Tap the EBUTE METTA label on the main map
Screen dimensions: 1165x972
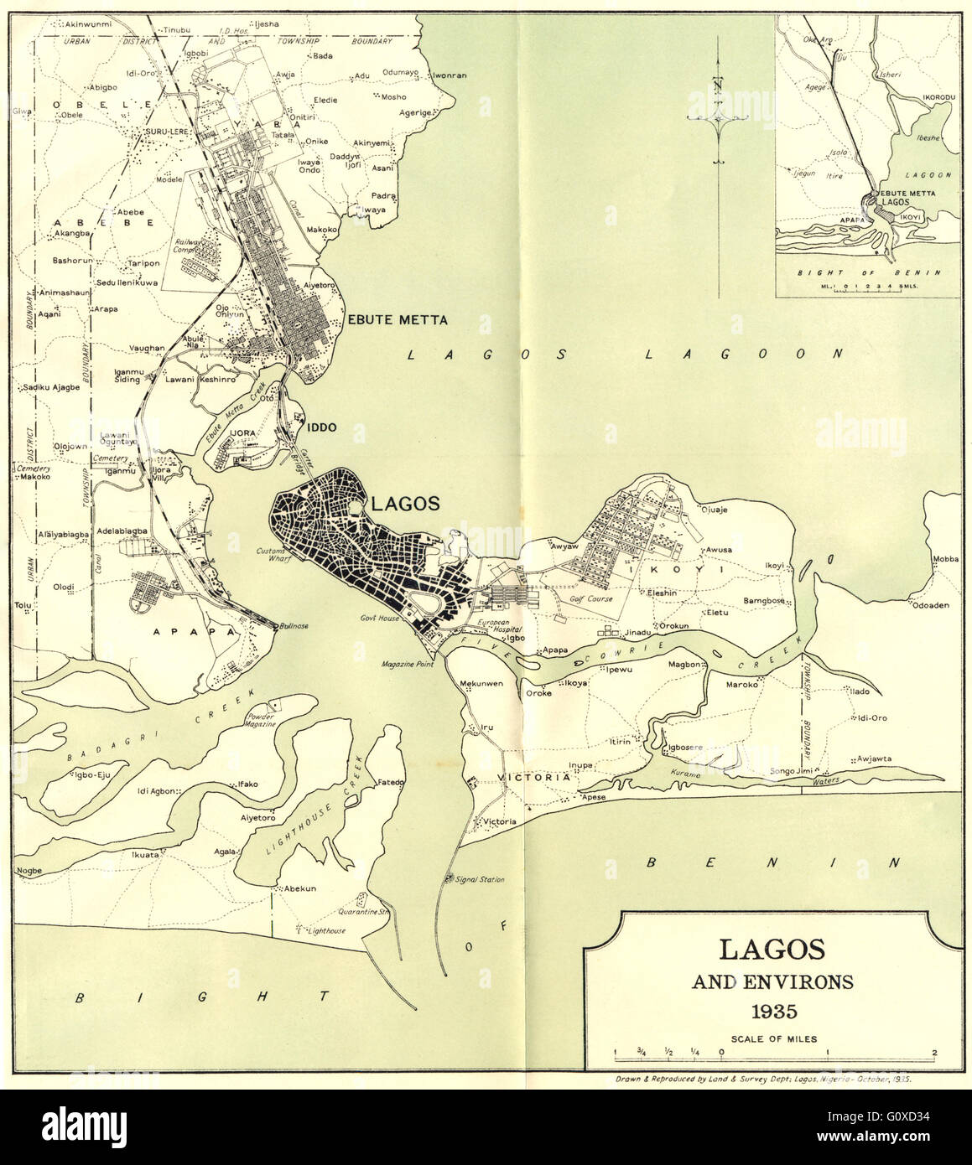click(x=398, y=319)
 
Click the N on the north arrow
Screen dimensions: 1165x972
click(x=720, y=84)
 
